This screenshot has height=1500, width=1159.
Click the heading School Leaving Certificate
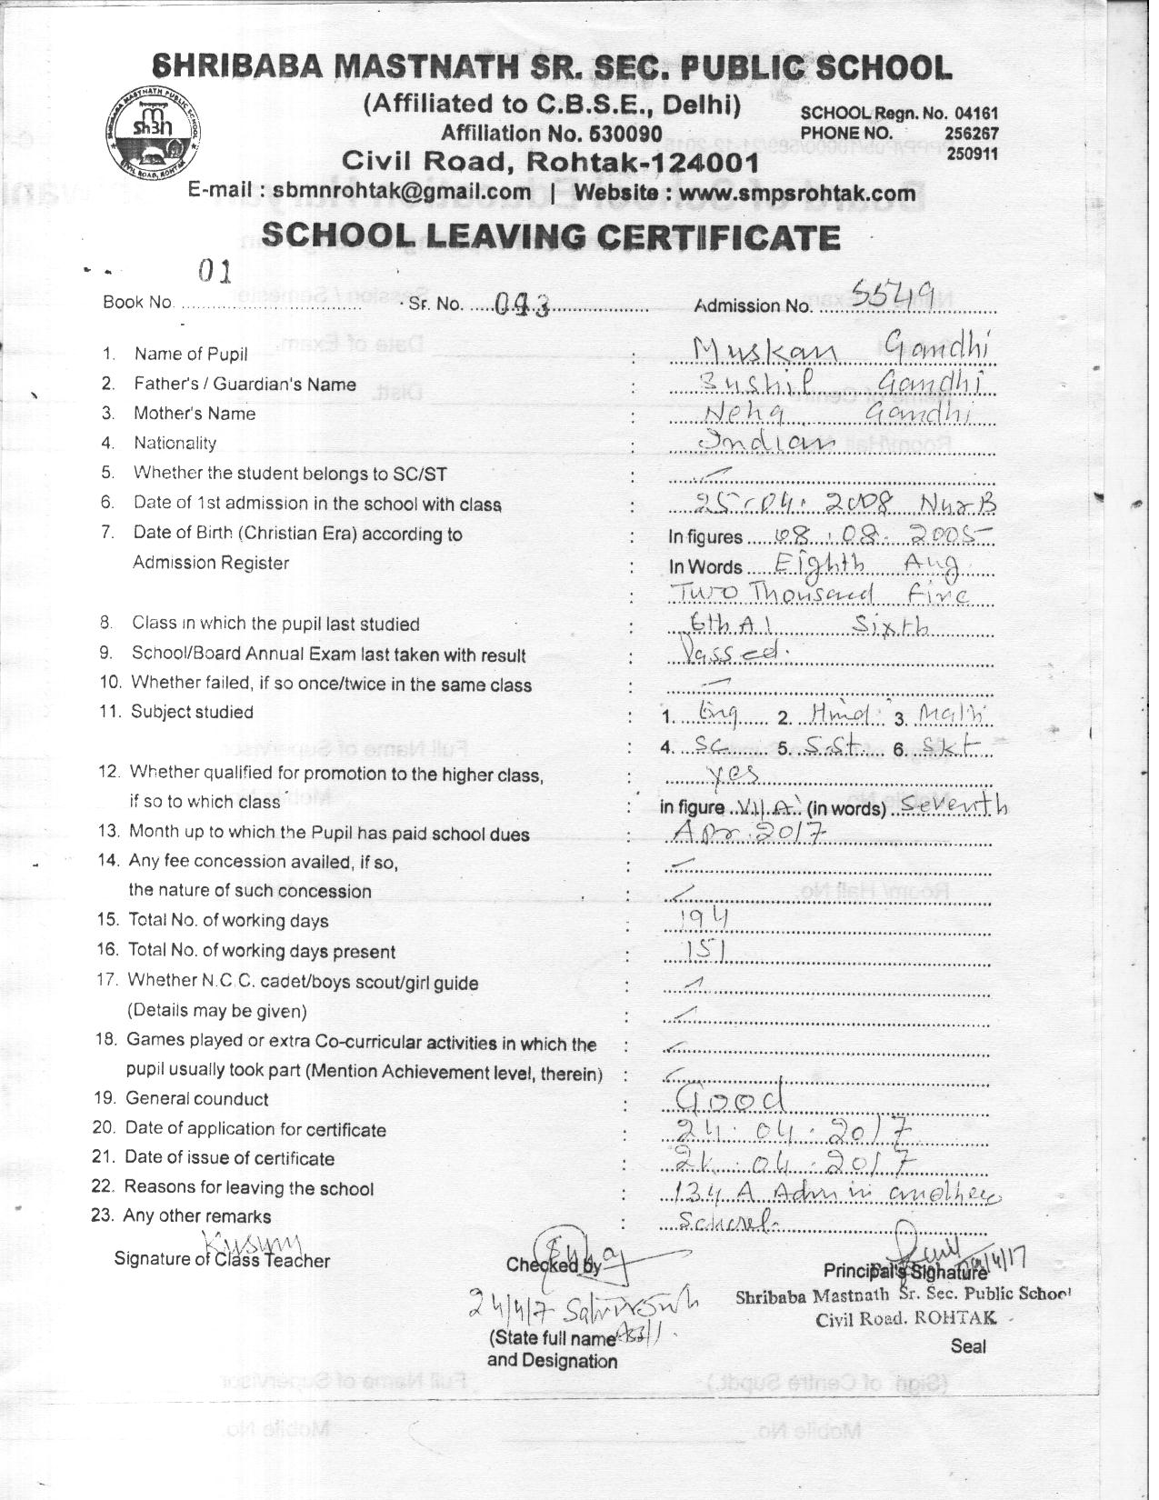[550, 237]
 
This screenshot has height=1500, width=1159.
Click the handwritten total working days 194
[705, 920]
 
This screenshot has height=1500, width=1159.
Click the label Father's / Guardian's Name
[245, 385]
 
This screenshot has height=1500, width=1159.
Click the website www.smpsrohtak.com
[797, 194]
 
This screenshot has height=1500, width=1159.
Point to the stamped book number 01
[215, 272]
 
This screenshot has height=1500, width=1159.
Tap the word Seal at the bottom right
[967, 1346]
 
